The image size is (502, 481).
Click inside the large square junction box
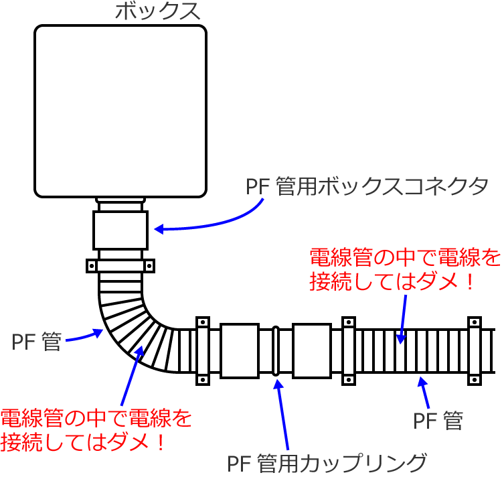click(120, 111)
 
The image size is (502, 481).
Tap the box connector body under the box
click(120, 229)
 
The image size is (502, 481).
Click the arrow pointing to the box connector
click(207, 221)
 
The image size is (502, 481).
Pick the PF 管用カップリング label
click(327, 463)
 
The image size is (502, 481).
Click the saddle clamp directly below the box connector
click(121, 266)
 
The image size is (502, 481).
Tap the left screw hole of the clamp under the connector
click(92, 266)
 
